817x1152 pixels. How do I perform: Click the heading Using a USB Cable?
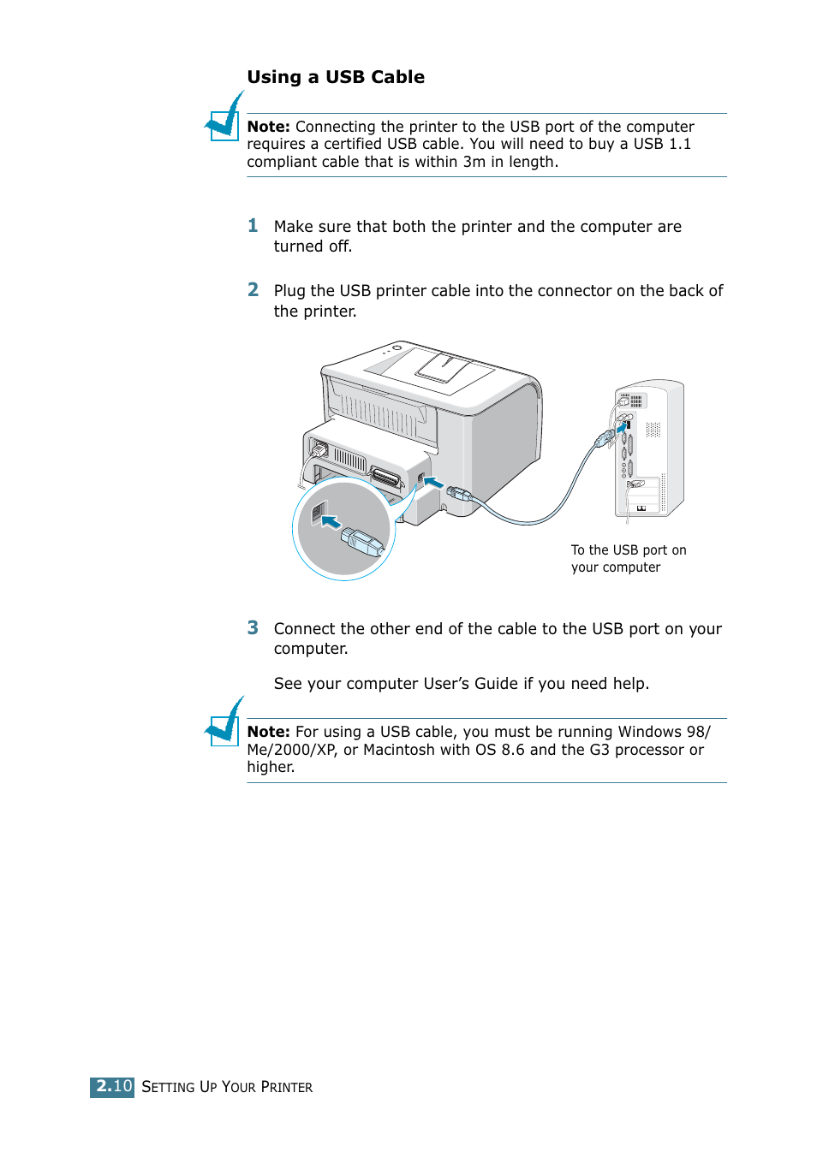tap(336, 77)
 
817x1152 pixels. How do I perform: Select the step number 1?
tap(253, 226)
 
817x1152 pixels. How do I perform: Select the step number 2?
tap(253, 290)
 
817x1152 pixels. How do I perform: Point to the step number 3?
tap(253, 628)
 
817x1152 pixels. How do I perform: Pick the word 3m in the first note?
tap(474, 162)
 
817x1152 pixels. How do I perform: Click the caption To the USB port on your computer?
tap(628, 558)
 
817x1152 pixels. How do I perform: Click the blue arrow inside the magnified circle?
tap(331, 521)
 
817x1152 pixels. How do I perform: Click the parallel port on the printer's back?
tap(385, 478)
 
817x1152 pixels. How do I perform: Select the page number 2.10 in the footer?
tap(112, 1086)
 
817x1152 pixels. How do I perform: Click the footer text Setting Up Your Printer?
tap(227, 1087)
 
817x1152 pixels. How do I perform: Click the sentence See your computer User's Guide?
tap(461, 684)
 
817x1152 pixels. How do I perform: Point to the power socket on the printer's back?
tap(319, 448)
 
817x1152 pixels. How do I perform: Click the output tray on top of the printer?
tap(443, 368)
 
